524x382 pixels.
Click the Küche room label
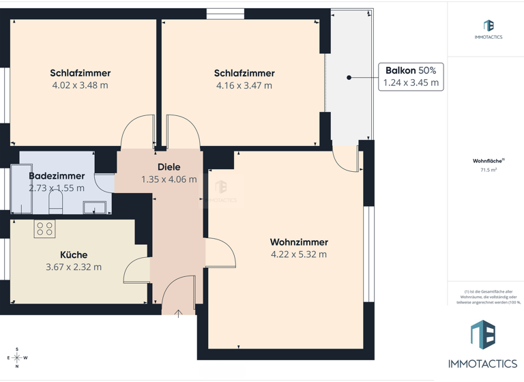[74, 254]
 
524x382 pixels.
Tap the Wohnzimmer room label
[299, 242]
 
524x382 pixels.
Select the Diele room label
[169, 167]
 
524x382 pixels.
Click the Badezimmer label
[57, 176]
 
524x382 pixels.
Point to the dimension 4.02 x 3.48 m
[80, 85]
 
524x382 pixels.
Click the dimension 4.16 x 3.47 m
[244, 85]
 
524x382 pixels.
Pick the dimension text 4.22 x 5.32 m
[299, 254]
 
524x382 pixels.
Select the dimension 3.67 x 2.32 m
[74, 267]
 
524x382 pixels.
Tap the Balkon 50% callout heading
[411, 70]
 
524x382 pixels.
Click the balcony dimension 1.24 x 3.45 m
[411, 83]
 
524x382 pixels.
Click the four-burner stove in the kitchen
[45, 229]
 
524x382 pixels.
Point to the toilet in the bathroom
[57, 203]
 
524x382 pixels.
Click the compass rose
[17, 357]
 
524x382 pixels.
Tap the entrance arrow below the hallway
[178, 314]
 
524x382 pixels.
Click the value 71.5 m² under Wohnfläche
[489, 171]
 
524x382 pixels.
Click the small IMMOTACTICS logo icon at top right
[489, 26]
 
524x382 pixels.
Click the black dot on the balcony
[349, 78]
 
